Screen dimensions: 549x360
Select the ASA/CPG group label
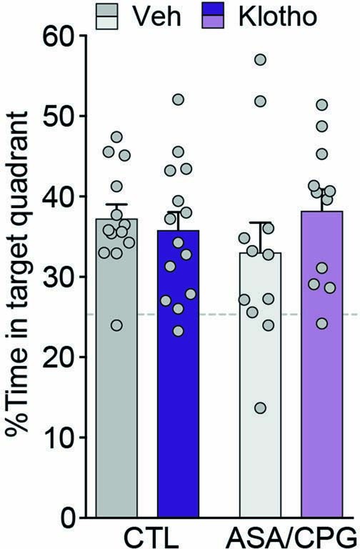click(x=295, y=535)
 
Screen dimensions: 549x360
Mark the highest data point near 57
click(x=260, y=59)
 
